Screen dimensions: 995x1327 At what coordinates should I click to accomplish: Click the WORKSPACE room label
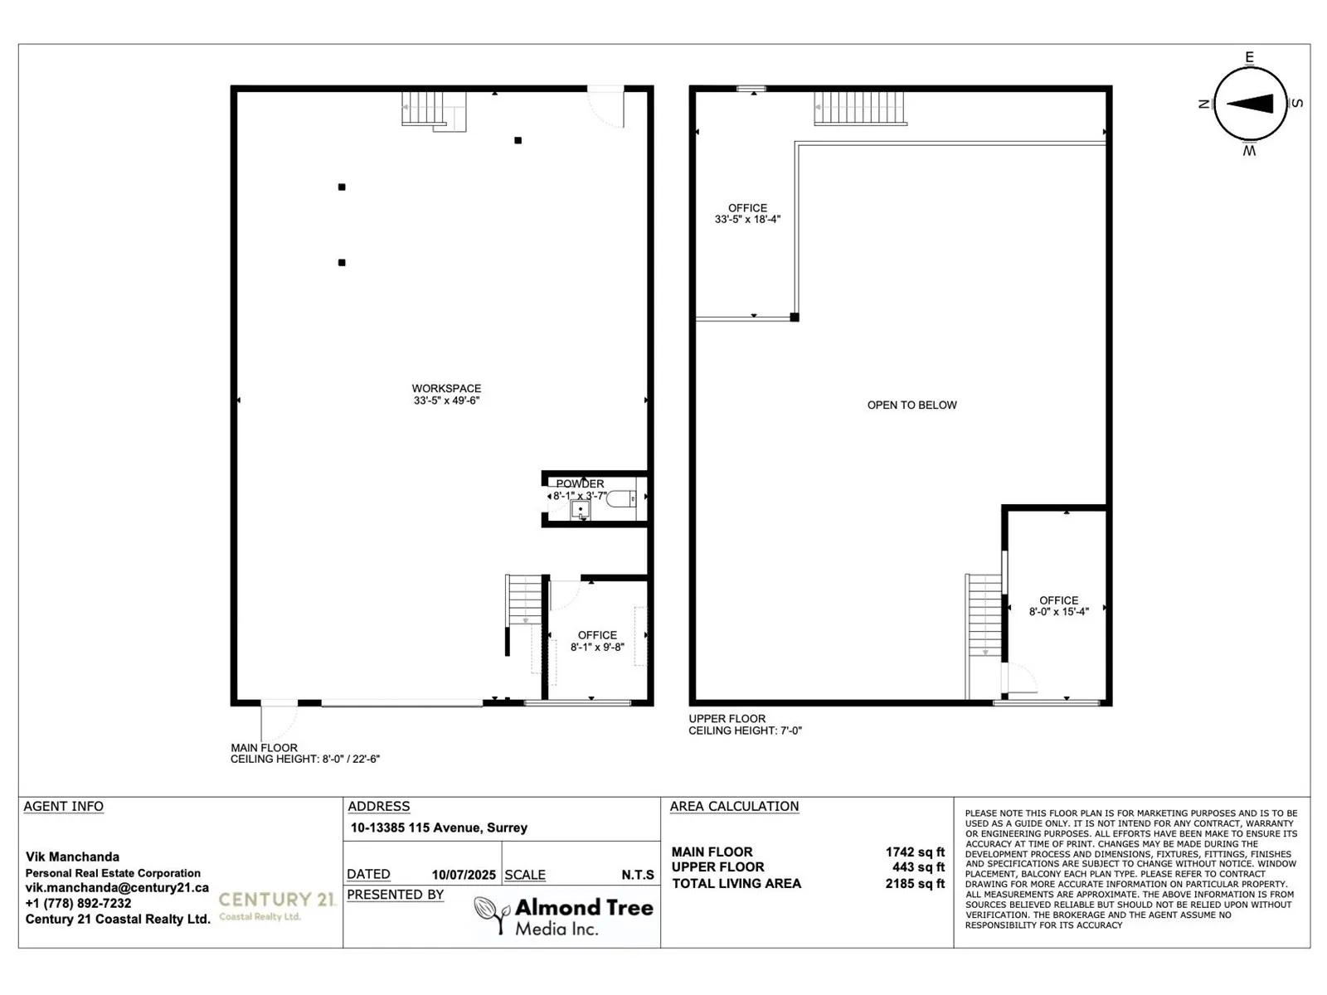446,388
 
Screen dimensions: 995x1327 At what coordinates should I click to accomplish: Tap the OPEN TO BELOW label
911,405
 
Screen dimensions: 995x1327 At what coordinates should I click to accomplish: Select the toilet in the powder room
620,498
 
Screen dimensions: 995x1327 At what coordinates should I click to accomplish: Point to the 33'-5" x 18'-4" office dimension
747,220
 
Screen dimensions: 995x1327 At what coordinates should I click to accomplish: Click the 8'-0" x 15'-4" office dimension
1058,612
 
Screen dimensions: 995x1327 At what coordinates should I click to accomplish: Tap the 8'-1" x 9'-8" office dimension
597,648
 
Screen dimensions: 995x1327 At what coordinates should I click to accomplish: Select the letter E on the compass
1249,57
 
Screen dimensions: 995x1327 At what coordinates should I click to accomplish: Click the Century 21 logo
276,905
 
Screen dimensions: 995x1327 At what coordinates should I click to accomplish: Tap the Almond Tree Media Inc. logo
564,915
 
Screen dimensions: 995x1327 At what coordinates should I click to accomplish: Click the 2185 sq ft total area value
915,884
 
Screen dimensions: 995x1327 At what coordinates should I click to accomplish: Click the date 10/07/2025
464,875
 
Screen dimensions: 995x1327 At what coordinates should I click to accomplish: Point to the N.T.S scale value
638,875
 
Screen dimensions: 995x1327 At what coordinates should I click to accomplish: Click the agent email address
117,888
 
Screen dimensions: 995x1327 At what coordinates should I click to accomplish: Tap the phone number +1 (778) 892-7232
78,904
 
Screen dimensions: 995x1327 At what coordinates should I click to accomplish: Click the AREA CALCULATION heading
734,806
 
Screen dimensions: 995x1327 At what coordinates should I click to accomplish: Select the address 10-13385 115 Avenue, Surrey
439,828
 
